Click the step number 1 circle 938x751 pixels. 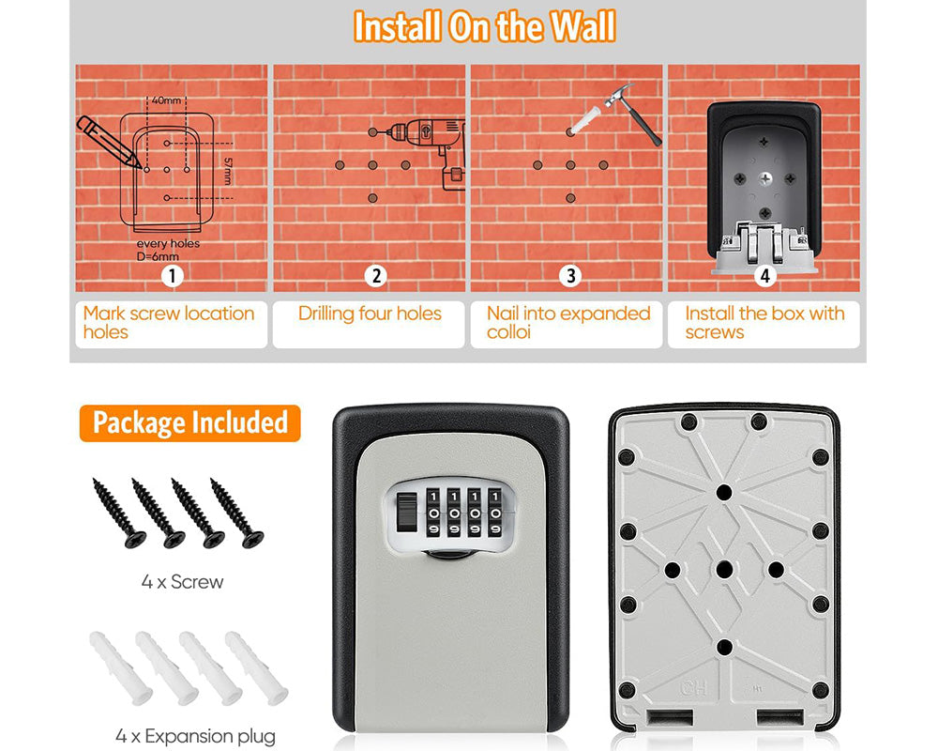(x=173, y=276)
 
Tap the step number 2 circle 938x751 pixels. (x=376, y=276)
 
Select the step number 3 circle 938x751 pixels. (x=570, y=276)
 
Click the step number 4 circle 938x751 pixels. (x=764, y=276)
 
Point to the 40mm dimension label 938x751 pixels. (x=166, y=100)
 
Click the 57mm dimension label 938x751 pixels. (x=227, y=171)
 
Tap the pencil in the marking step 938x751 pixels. (x=109, y=142)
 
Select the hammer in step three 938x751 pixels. (x=634, y=114)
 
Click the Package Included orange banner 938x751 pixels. (x=189, y=422)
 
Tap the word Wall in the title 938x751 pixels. (x=582, y=27)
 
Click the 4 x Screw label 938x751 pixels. (x=183, y=581)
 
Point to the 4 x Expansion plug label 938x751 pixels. (x=196, y=736)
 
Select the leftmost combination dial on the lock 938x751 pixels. (x=433, y=513)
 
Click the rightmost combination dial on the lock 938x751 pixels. (x=494, y=513)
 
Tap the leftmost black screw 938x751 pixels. (x=119, y=513)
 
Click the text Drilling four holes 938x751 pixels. (x=370, y=314)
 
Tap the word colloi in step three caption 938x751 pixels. (x=508, y=332)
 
